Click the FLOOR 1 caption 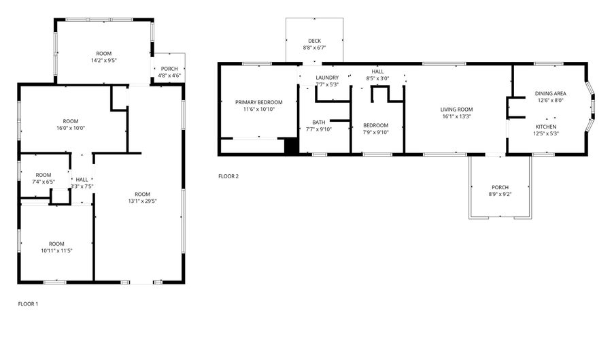[x=28, y=304]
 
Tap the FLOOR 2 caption [x=228, y=176]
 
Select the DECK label [x=314, y=41]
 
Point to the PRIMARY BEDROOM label [x=258, y=102]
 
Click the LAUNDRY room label [x=327, y=78]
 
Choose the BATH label [x=319, y=122]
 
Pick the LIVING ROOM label [x=456, y=109]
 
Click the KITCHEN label [x=546, y=127]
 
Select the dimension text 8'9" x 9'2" [x=500, y=195]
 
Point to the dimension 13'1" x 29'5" [x=142, y=201]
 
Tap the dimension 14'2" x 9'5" [x=103, y=60]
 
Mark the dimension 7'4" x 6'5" [x=44, y=182]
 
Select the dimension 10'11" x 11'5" [x=56, y=250]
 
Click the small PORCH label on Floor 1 [x=169, y=69]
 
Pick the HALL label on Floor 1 [x=82, y=180]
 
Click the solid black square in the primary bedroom [x=291, y=146]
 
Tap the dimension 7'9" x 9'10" [x=375, y=132]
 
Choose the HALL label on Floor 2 [x=377, y=71]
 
